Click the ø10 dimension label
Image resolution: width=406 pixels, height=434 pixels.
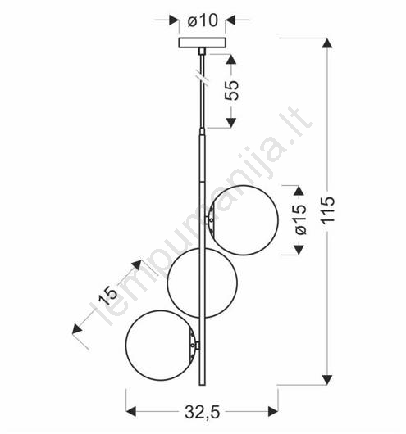pyautogui.click(x=203, y=20)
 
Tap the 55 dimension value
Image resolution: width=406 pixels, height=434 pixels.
pyautogui.click(x=231, y=90)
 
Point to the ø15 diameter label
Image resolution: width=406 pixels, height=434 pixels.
pyautogui.click(x=300, y=219)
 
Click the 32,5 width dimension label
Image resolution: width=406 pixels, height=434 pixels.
pyautogui.click(x=203, y=413)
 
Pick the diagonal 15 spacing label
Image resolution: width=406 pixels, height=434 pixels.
pyautogui.click(x=108, y=294)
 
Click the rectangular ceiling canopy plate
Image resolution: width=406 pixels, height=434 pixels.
pyautogui.click(x=202, y=43)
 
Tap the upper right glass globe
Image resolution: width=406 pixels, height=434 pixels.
pyautogui.click(x=244, y=220)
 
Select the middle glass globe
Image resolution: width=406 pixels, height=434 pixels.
pyautogui.click(x=202, y=283)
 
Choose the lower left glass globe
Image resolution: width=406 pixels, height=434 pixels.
pyautogui.click(x=161, y=345)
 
